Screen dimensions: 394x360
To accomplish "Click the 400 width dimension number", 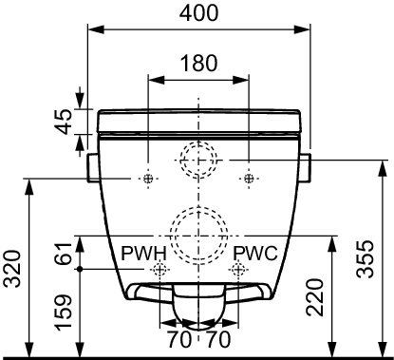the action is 198,13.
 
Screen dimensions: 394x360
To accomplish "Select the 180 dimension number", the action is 198,63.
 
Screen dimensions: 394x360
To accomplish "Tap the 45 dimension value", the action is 62,122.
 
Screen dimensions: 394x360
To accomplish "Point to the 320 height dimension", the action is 13,269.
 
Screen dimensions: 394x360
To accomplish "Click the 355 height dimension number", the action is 365,259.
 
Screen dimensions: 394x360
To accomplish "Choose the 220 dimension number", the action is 314,297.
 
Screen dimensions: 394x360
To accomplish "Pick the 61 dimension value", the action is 62,254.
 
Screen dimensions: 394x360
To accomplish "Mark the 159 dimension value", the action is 62,313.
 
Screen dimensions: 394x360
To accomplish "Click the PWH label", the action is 143,254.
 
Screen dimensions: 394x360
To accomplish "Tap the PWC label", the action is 255,254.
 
